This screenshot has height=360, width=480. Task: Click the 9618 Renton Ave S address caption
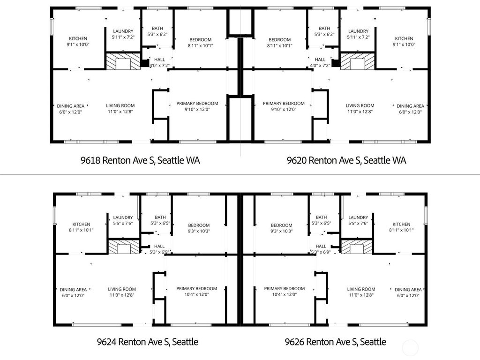coord(140,160)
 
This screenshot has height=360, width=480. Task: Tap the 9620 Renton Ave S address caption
coord(346,160)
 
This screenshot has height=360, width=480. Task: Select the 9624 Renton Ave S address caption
coord(148,342)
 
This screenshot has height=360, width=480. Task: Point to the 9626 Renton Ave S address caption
coord(336,342)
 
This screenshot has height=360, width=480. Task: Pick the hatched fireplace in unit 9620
coord(358,61)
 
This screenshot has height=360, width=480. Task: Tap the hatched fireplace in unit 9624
coord(124,247)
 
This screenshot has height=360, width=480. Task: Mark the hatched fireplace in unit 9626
coord(357,247)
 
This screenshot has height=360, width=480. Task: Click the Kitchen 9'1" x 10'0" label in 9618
coord(78,41)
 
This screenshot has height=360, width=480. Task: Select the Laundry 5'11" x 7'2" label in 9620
coord(358,34)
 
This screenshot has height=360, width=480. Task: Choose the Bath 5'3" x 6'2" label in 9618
coord(157,31)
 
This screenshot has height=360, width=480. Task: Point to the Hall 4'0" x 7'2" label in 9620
coord(320,62)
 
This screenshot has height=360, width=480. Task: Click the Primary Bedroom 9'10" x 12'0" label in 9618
coord(197,106)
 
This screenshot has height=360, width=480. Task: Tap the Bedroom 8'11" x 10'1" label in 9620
coord(279,43)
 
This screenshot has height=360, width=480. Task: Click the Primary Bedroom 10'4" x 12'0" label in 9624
coord(196,292)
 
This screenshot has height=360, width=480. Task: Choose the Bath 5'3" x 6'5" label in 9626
coord(321,220)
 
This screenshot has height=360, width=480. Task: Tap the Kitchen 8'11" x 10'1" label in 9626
coord(401,227)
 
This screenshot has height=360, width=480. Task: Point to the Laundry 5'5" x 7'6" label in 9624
coord(123,220)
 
